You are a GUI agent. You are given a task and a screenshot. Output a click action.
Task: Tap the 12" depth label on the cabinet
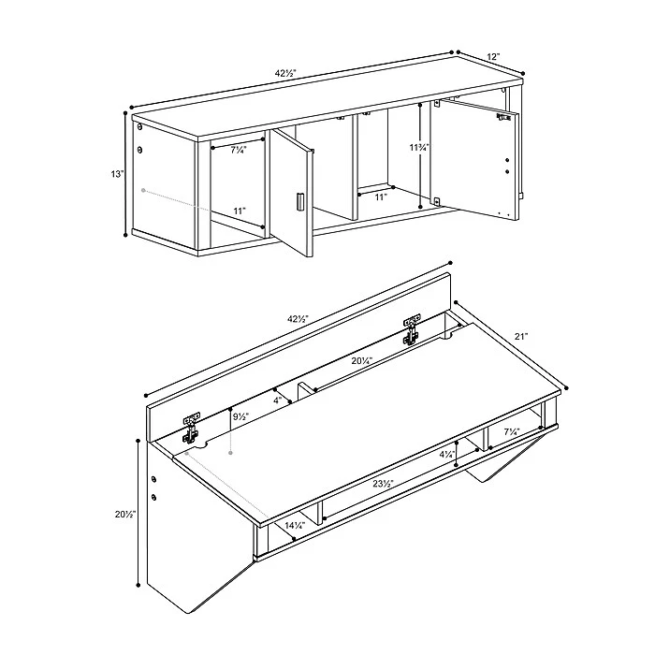coord(493,57)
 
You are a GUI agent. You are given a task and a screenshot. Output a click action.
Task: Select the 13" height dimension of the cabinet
coord(115,173)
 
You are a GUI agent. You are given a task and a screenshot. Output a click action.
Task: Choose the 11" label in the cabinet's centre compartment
coord(381,196)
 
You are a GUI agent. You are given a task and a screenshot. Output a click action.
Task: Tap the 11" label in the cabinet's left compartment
coord(240,211)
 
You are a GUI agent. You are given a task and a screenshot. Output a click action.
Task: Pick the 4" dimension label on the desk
coord(277,400)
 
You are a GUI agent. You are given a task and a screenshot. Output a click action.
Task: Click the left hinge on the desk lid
coord(191,428)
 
